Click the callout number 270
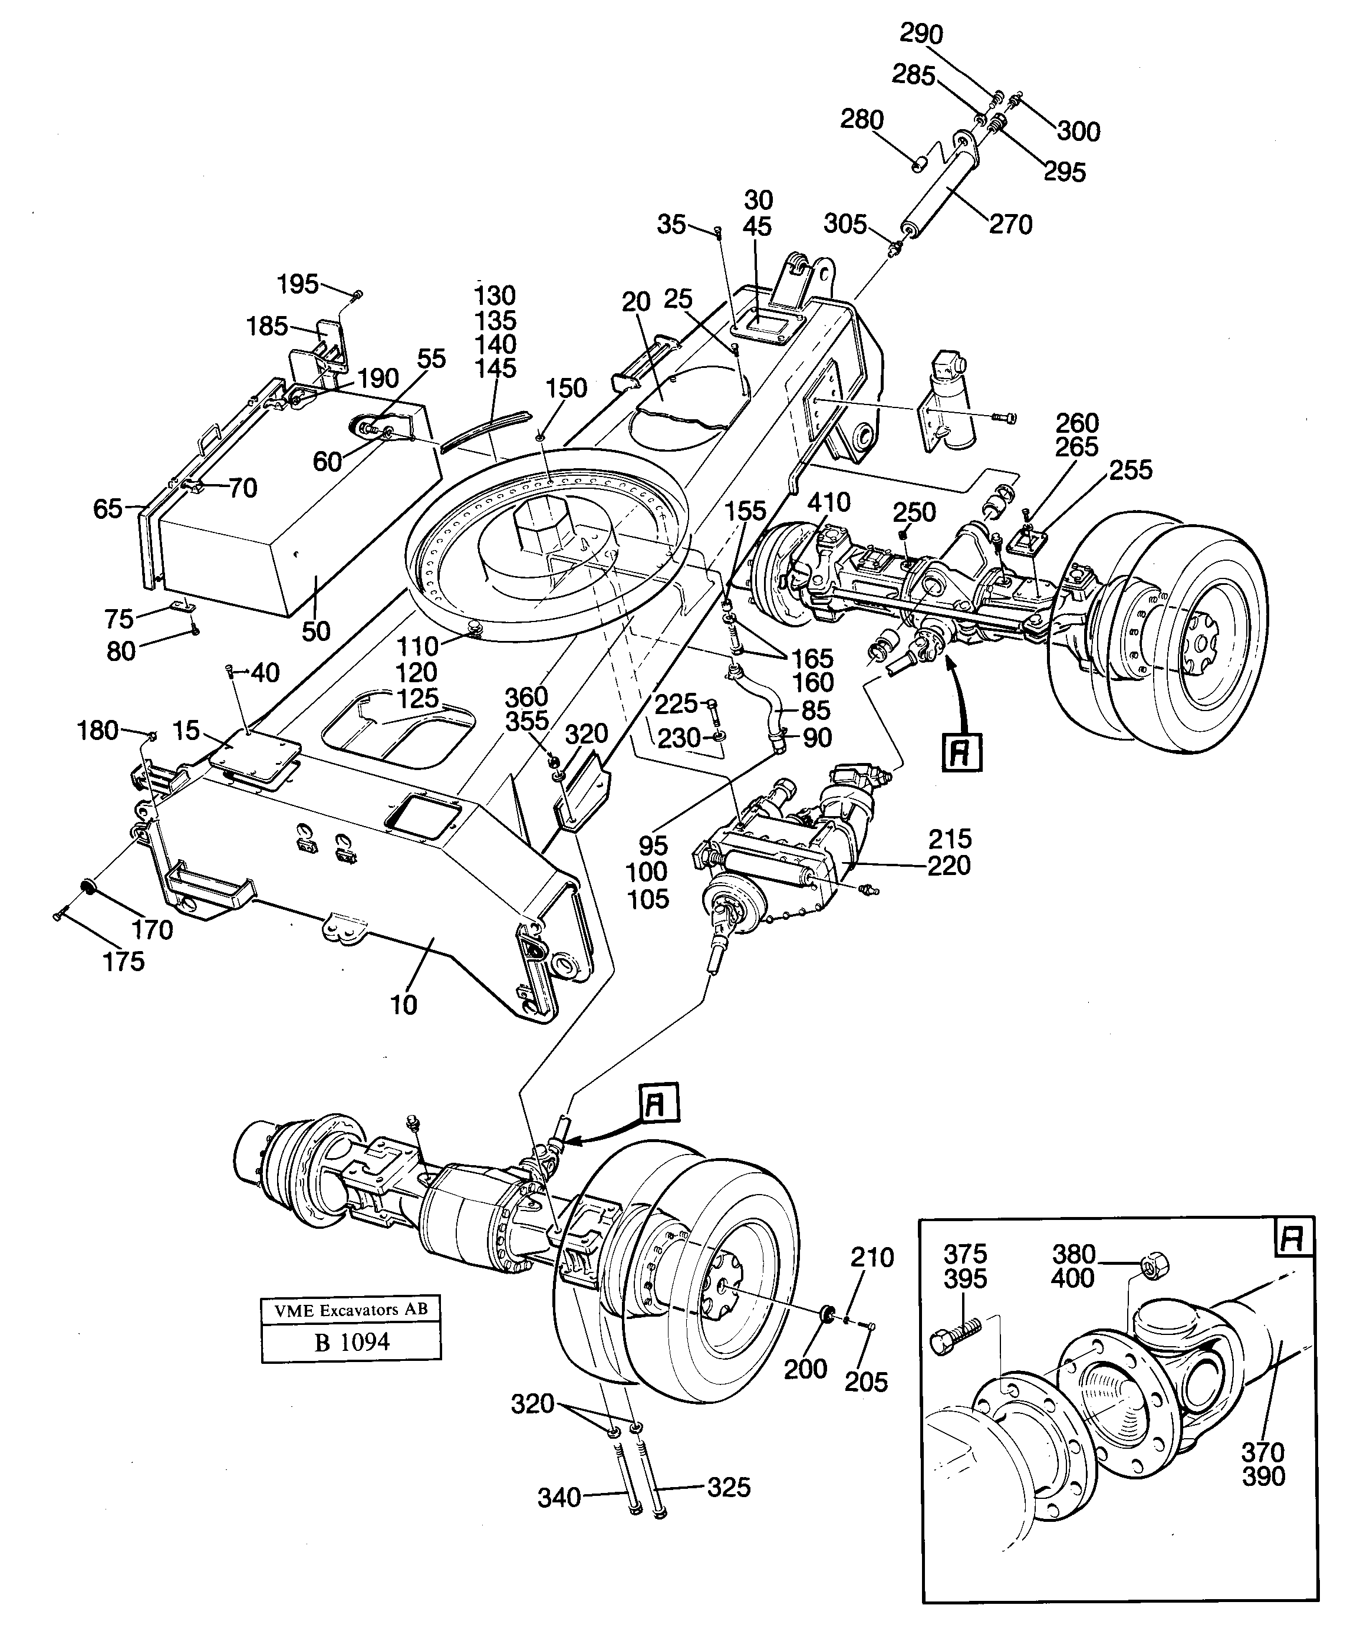click(x=1010, y=225)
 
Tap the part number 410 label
click(x=828, y=501)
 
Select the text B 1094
click(x=352, y=1342)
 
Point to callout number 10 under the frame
click(x=403, y=1005)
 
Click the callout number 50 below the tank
click(x=316, y=632)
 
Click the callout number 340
click(x=559, y=1498)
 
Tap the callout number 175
click(x=124, y=962)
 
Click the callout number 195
click(x=298, y=284)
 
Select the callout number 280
click(x=862, y=120)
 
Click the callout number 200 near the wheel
click(x=805, y=1369)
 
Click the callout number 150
click(x=567, y=388)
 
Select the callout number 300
click(x=1079, y=131)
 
